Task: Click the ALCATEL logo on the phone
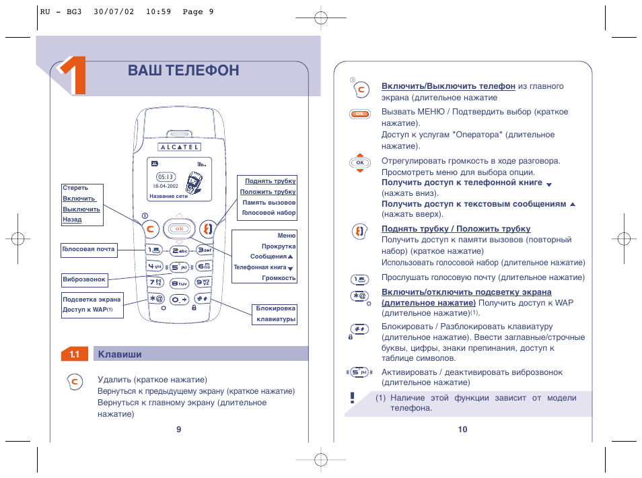pyautogui.click(x=178, y=147)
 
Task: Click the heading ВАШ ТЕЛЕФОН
pyautogui.click(x=183, y=70)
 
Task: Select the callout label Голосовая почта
pyautogui.click(x=88, y=249)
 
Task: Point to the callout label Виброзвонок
pyautogui.click(x=84, y=279)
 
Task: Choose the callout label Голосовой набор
pyautogui.click(x=269, y=213)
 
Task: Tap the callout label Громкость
pyautogui.click(x=279, y=278)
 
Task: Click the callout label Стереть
pyautogui.click(x=75, y=189)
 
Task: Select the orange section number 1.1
pyautogui.click(x=75, y=354)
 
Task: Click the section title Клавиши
pyautogui.click(x=120, y=354)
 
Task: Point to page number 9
pyautogui.click(x=179, y=430)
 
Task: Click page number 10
pyautogui.click(x=462, y=430)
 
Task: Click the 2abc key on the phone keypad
pyautogui.click(x=179, y=250)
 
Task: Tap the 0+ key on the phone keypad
pyautogui.click(x=179, y=299)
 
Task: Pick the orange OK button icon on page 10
pyautogui.click(x=360, y=114)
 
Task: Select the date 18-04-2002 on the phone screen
pyautogui.click(x=164, y=186)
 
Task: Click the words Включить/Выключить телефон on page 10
pyautogui.click(x=448, y=86)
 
